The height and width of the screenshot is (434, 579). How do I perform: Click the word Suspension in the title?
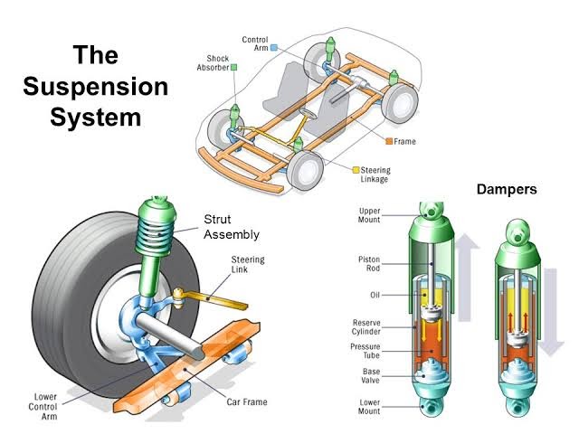(96, 88)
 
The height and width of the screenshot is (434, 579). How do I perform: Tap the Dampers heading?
(507, 190)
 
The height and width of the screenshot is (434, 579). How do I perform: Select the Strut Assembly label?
(231, 227)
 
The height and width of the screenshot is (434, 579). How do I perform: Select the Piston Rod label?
(370, 263)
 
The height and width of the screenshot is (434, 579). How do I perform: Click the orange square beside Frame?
(388, 142)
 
